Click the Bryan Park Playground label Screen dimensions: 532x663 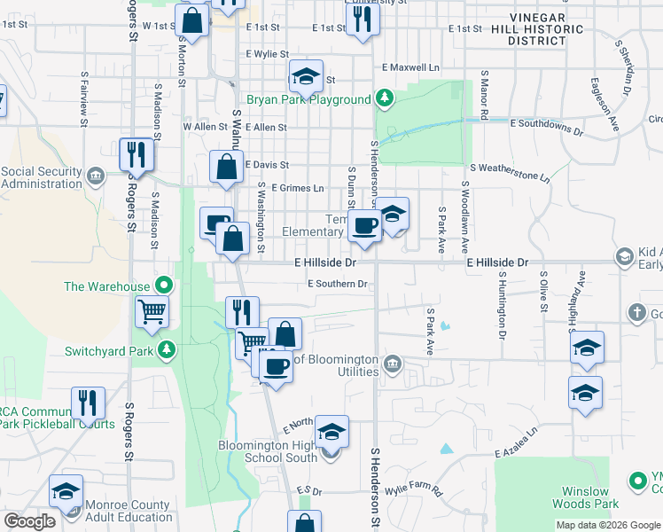[308, 99]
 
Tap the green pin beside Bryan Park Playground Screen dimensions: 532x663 [384, 98]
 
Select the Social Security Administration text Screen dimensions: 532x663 [43, 177]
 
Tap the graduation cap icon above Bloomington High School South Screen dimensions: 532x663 [331, 432]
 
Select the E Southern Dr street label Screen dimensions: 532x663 [337, 284]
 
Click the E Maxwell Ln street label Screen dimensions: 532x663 [410, 67]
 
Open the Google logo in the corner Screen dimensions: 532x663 [30, 521]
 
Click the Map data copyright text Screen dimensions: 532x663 [606, 525]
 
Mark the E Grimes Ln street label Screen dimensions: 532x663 [298, 188]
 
